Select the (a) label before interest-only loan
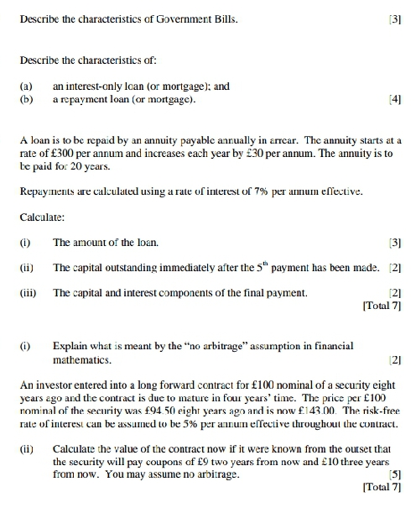[25, 85]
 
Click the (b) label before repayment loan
[25, 97]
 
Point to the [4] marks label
[397, 97]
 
